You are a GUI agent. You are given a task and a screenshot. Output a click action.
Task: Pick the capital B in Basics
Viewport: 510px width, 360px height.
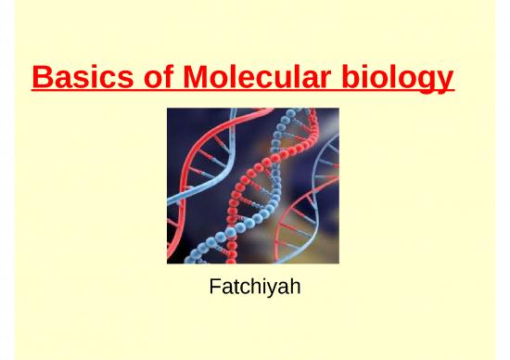point(40,77)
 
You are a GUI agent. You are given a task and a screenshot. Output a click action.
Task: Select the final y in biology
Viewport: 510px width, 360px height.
point(445,82)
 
